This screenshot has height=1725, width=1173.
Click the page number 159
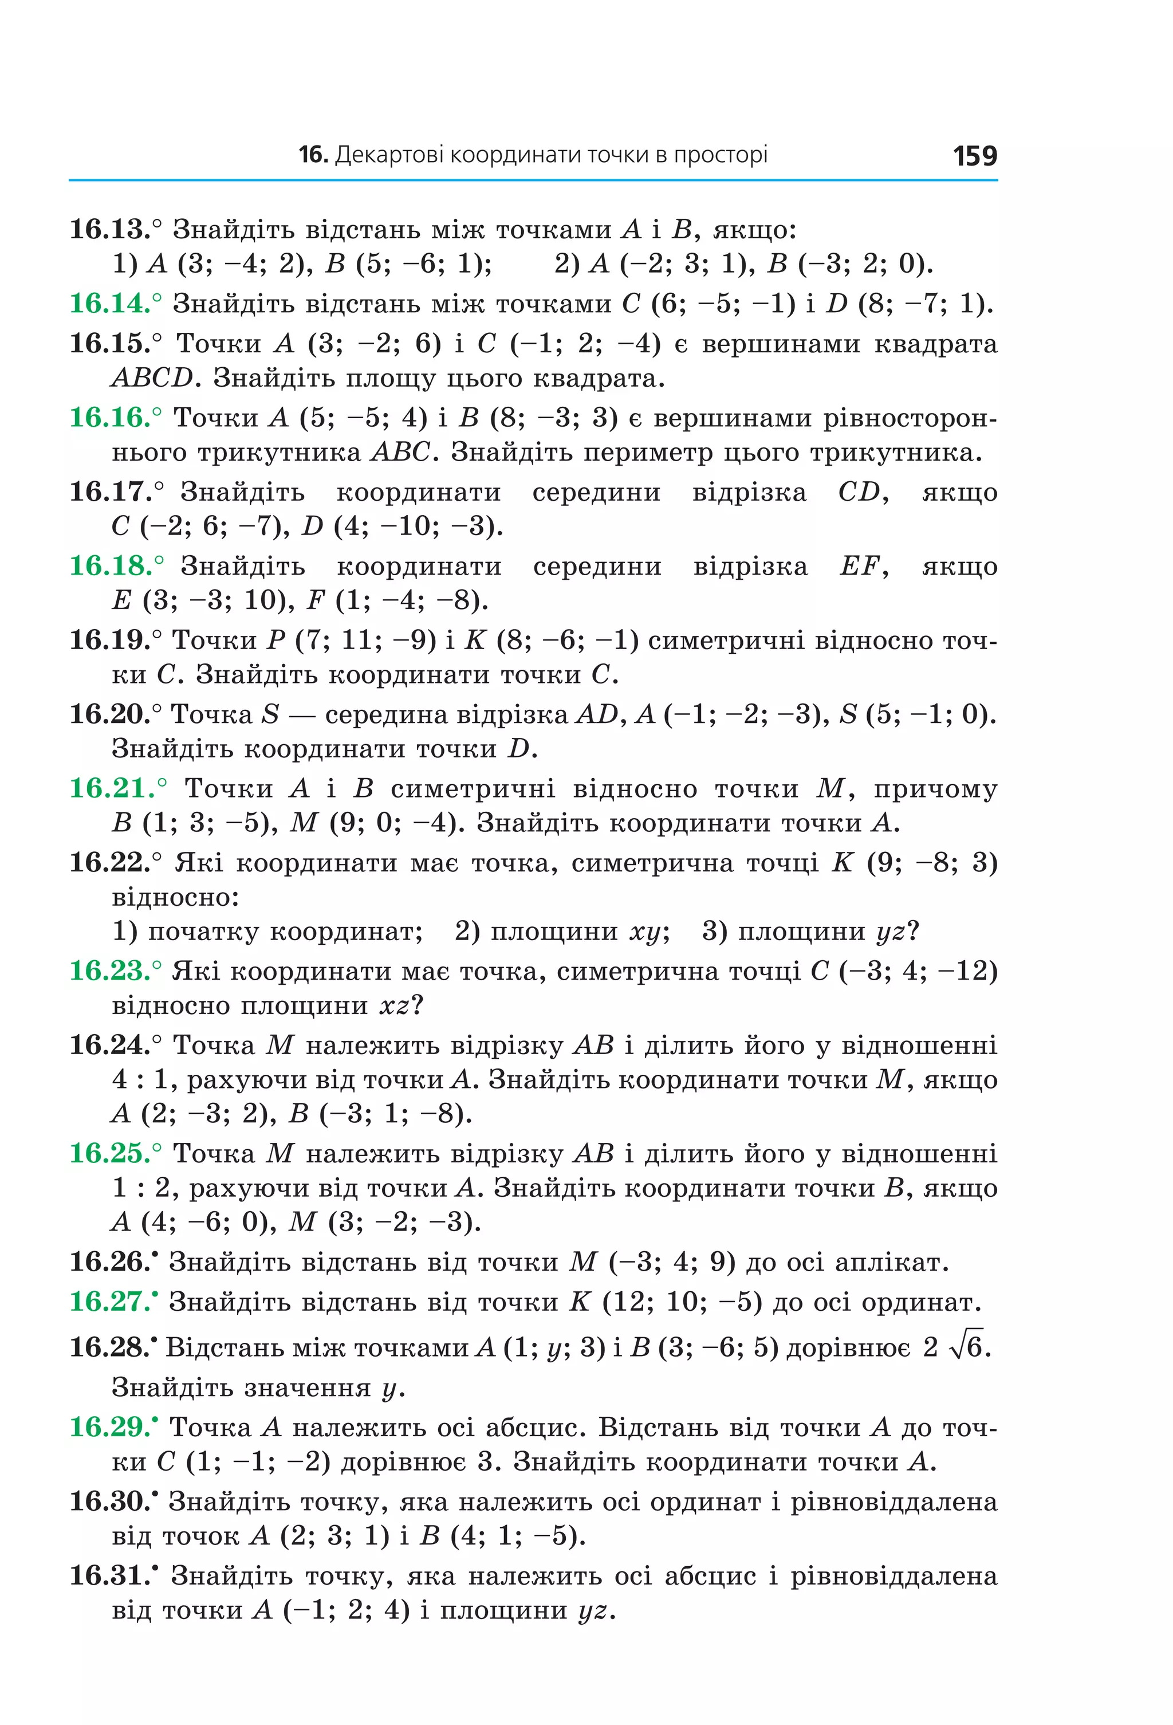coord(974,156)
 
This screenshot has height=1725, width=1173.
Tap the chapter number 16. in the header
coord(312,155)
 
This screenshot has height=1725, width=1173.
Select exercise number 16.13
coord(110,229)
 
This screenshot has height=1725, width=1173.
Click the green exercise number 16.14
coord(110,304)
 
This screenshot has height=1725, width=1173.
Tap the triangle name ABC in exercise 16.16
coord(401,452)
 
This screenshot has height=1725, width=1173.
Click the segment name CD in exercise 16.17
coord(859,492)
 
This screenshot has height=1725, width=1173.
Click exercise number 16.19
coord(110,640)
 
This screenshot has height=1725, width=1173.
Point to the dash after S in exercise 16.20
coord(301,716)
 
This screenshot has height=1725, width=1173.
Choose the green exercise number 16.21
coord(110,788)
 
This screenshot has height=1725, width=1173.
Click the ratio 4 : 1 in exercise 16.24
coord(140,1080)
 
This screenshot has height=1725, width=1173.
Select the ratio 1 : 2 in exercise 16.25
coord(140,1188)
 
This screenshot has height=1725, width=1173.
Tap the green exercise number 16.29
coord(110,1427)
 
